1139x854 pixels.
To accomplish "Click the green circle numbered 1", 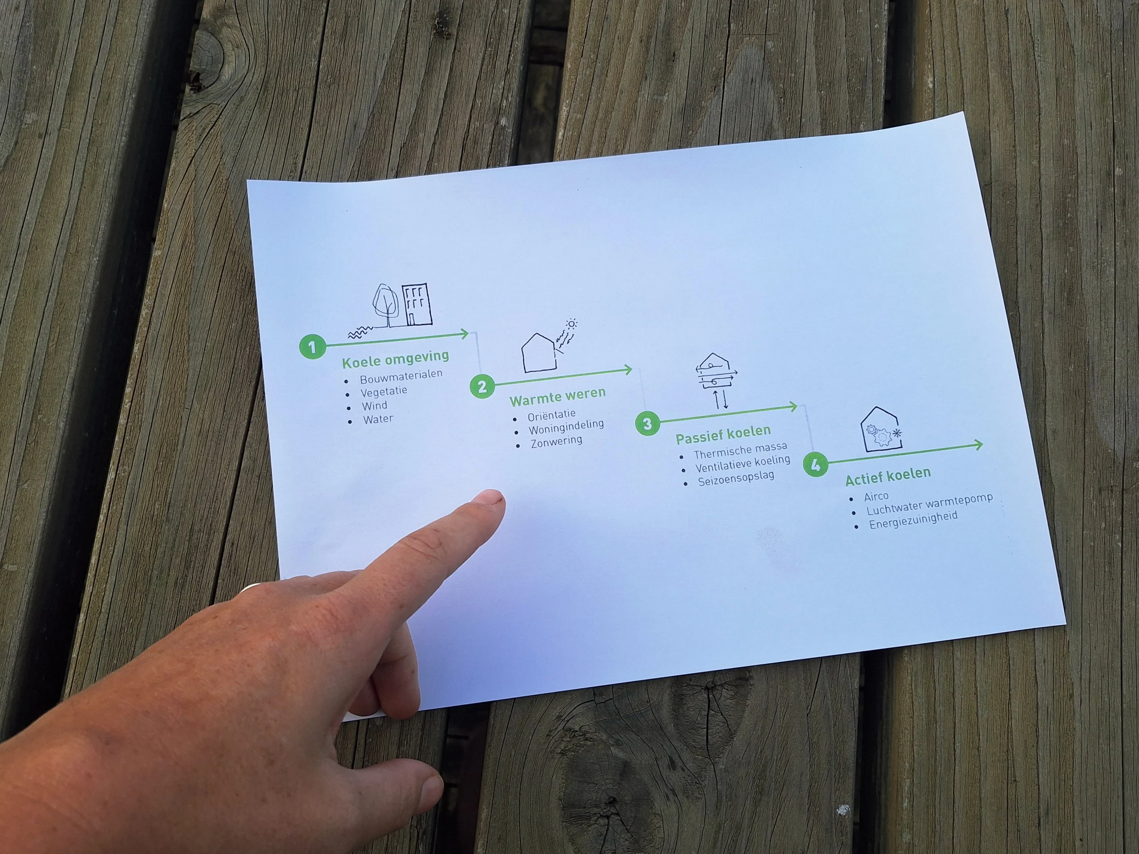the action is click(312, 347).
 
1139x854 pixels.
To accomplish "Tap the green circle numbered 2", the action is click(482, 386).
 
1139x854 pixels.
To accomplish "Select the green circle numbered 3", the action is click(648, 423).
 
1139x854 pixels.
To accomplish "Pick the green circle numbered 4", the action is click(816, 465).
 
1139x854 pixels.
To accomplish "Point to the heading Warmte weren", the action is click(557, 396).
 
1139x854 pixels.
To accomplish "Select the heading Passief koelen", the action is click(723, 435).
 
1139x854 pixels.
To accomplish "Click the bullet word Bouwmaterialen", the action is click(401, 376).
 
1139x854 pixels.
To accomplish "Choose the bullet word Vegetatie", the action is click(384, 392).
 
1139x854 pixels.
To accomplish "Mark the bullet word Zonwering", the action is click(557, 441).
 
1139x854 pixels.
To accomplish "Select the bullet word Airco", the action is click(876, 496).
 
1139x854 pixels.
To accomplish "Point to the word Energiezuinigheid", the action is click(913, 520).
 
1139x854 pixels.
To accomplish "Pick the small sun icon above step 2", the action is click(571, 324).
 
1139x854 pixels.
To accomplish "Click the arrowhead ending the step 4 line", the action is click(977, 445).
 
